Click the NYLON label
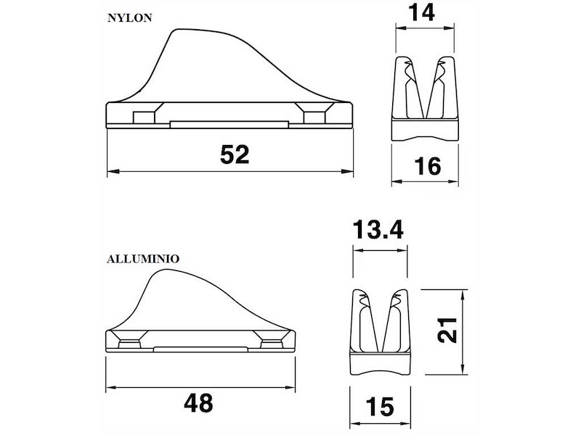(x=130, y=18)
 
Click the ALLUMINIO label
(x=143, y=259)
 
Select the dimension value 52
(x=235, y=154)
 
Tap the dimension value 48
(x=198, y=403)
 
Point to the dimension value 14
(x=423, y=12)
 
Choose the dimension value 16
(x=428, y=166)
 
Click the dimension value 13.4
(x=378, y=229)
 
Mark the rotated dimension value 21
(x=447, y=331)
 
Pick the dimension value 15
(x=380, y=407)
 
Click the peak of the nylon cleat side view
(x=179, y=29)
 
